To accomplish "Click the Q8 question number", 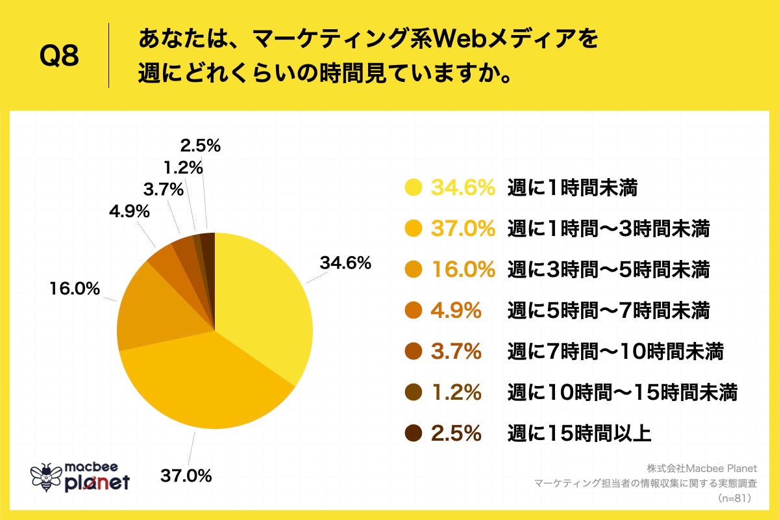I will point(59,57).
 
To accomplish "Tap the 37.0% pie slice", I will point(208,383).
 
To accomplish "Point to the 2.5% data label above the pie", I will point(201,146).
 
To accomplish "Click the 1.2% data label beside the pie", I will point(183,168).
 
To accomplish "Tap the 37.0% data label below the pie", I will point(186,476).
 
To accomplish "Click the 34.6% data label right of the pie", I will point(345,263).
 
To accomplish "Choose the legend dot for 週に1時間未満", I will point(413,188).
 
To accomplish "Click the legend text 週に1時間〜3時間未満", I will point(608,229).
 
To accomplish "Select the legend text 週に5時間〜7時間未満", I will point(608,311).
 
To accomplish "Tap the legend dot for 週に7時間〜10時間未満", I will point(413,352).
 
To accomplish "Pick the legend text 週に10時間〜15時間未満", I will point(623,392).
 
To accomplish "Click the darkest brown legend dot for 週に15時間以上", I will point(413,433).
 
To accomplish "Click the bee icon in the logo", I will point(46,478).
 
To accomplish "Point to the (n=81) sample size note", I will point(734,499).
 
